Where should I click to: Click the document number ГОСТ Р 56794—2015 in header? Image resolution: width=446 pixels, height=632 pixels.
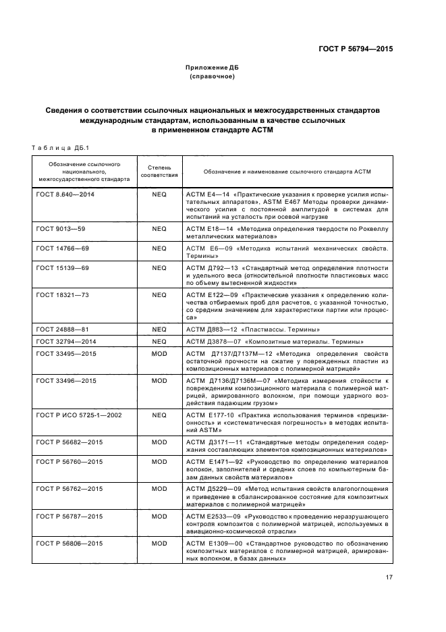coord(356,49)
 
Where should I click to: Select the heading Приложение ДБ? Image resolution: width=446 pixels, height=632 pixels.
coord(213,68)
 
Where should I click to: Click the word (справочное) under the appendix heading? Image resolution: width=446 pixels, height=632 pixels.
coord(213,77)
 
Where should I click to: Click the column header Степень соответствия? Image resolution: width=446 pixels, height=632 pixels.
coord(159,170)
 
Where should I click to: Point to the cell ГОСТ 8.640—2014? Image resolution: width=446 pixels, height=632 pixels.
coord(65,194)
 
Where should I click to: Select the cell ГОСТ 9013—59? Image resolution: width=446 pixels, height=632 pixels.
coord(61,229)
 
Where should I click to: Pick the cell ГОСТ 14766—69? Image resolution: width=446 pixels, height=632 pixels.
coord(62,248)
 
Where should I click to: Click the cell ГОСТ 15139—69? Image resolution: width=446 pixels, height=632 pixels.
coord(62,268)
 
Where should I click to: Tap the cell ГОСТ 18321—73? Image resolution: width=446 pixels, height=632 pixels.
coord(62,295)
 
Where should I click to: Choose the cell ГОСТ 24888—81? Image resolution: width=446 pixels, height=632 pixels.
coord(62,330)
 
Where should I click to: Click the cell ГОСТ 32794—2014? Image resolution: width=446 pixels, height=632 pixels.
coord(65,341)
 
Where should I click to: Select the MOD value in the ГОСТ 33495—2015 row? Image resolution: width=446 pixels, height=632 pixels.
coord(159,353)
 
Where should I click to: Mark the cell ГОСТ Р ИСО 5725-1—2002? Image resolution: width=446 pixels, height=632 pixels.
coord(79,415)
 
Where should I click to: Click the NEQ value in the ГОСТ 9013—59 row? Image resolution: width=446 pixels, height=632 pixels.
coord(159,229)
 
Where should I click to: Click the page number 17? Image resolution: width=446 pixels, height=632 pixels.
coord(389,577)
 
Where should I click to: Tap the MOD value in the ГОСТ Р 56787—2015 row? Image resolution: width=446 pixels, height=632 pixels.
coord(159,516)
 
